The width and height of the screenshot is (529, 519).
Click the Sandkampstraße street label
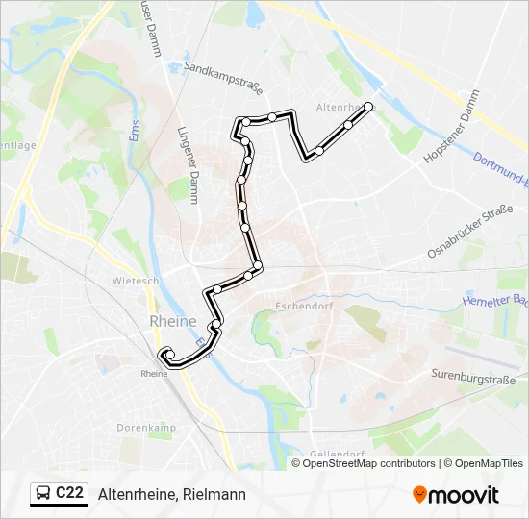pos(223,76)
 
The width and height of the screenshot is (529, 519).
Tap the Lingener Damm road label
pos(189,159)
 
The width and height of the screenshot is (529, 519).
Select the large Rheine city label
pos(173,321)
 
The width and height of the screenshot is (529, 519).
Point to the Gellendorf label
pos(337,454)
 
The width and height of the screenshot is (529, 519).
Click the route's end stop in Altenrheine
pos(368,107)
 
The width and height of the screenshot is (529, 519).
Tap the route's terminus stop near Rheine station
pos(169,357)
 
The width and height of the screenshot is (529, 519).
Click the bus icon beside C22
pos(43,494)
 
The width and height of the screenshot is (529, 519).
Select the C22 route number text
pos(69,494)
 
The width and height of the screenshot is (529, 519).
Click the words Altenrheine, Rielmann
pos(171,494)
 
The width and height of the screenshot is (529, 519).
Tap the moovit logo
pos(456,494)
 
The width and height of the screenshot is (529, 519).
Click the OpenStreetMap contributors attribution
pos(366,463)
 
